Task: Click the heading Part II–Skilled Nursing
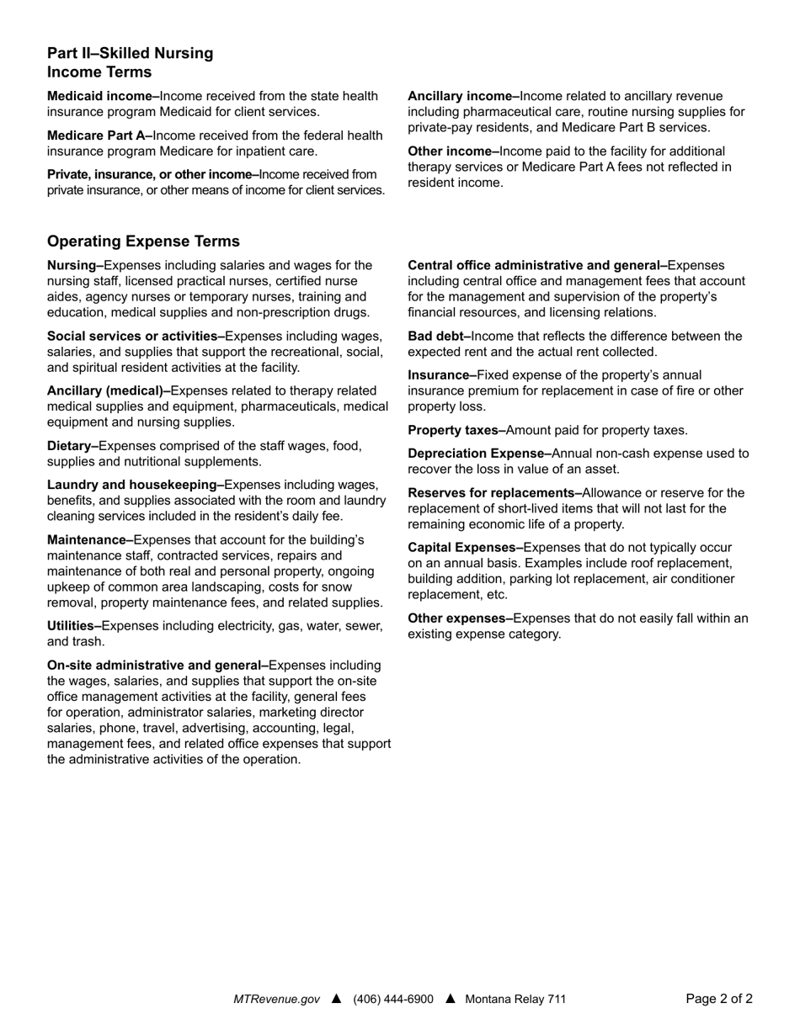[131, 54]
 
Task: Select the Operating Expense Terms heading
[143, 241]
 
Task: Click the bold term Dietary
[72, 446]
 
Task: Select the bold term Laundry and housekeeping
[135, 485]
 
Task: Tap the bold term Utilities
[74, 626]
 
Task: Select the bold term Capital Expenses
[465, 548]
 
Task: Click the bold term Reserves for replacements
[494, 493]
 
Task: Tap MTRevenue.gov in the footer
[276, 999]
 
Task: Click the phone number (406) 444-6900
[393, 999]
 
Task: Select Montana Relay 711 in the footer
[515, 999]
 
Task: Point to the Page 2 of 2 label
[719, 999]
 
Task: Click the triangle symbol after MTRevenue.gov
[337, 999]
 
